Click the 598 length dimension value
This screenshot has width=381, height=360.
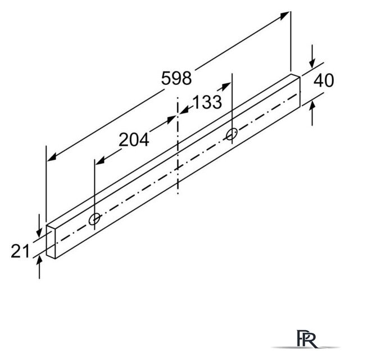[x=176, y=78]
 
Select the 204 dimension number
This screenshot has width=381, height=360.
[x=134, y=140]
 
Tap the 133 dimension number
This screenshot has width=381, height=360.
[x=207, y=102]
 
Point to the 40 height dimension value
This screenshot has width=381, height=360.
[x=324, y=80]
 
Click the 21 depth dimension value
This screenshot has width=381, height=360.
[x=20, y=251]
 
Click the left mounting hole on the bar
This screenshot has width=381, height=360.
[x=94, y=219]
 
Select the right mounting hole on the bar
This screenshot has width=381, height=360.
[x=232, y=134]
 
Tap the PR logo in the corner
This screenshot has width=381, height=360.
[x=306, y=339]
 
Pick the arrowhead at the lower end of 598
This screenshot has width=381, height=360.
[x=52, y=156]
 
